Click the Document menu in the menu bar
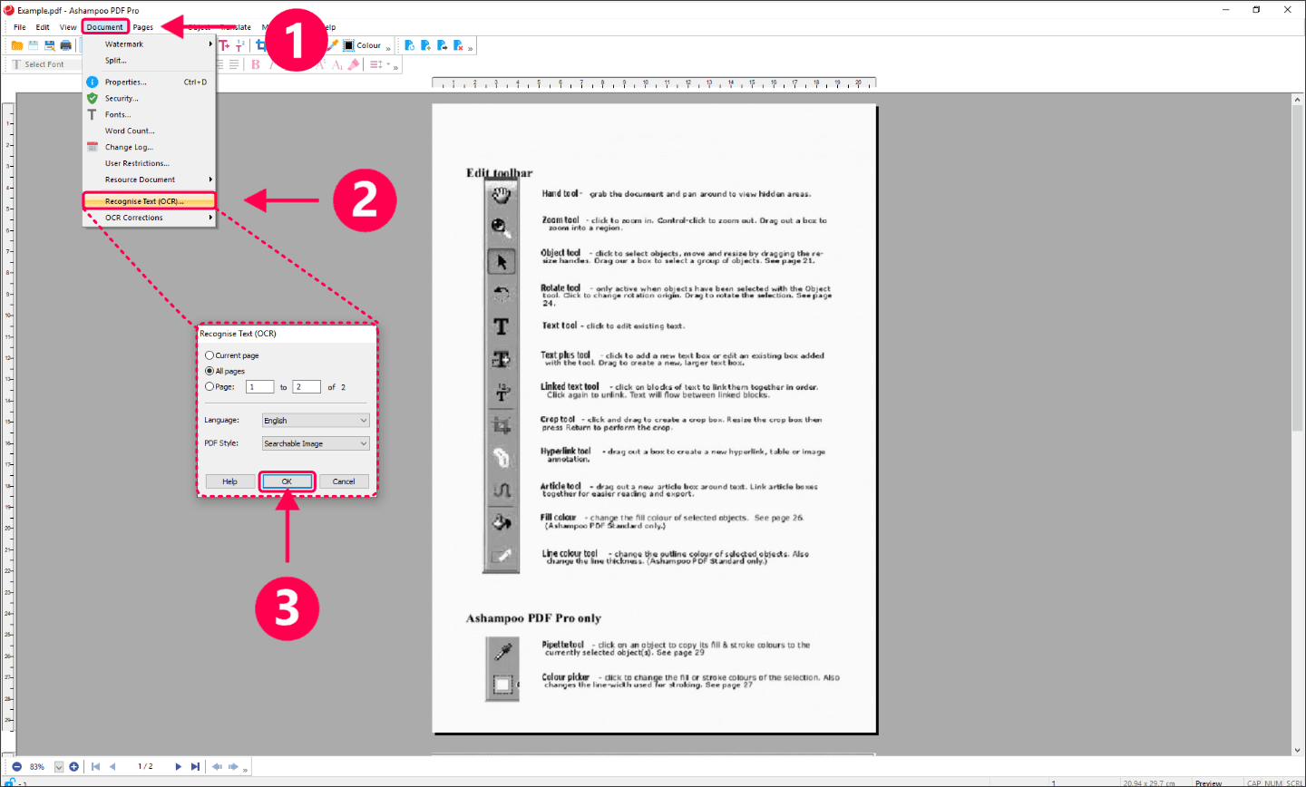click(105, 27)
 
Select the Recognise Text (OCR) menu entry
click(145, 201)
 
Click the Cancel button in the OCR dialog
click(344, 481)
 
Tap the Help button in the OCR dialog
click(230, 481)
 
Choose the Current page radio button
click(210, 355)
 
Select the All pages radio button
click(210, 371)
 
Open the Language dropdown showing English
click(316, 421)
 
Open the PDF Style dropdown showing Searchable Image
click(316, 443)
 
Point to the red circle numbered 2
click(365, 199)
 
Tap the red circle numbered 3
click(287, 608)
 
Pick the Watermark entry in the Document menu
click(124, 44)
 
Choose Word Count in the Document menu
click(130, 131)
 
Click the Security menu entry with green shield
click(122, 98)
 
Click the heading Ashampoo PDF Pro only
click(533, 618)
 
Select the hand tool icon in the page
click(502, 195)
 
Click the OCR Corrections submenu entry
click(134, 218)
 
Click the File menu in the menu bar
click(20, 27)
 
